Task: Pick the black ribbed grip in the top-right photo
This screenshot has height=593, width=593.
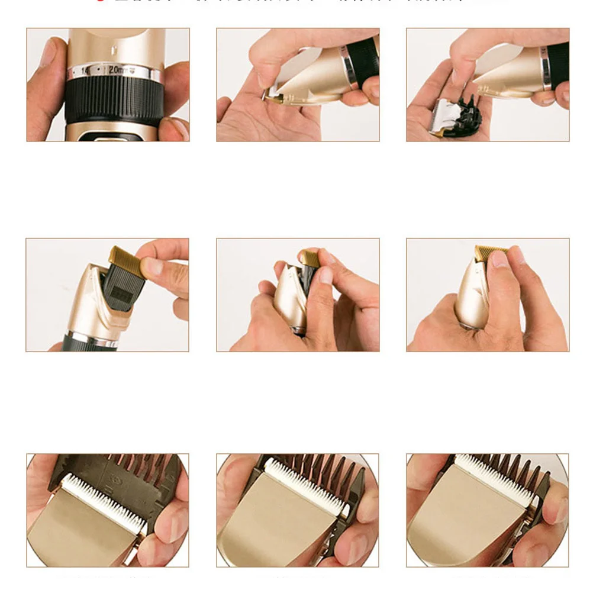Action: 557,64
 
